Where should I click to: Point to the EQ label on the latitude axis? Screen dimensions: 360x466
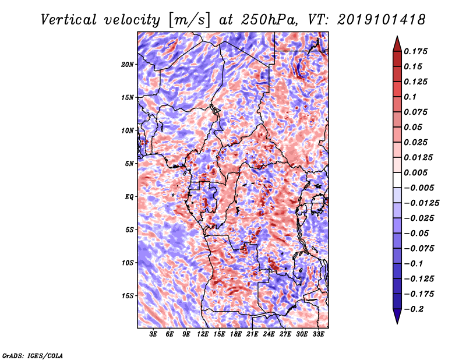click(x=129, y=197)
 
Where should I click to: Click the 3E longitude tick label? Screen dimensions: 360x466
click(x=154, y=335)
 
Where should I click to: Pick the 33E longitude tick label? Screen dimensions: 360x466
click(x=318, y=335)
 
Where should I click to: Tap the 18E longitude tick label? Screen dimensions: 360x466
click(x=236, y=335)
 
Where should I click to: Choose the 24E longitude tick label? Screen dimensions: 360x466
click(x=269, y=335)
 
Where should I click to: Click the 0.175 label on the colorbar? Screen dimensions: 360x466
click(x=417, y=51)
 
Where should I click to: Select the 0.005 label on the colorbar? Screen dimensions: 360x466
click(x=417, y=172)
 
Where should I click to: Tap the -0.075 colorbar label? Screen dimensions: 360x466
click(x=419, y=248)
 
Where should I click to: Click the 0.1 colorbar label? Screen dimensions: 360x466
click(x=412, y=97)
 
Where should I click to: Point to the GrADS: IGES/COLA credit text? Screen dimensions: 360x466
click(x=33, y=355)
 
